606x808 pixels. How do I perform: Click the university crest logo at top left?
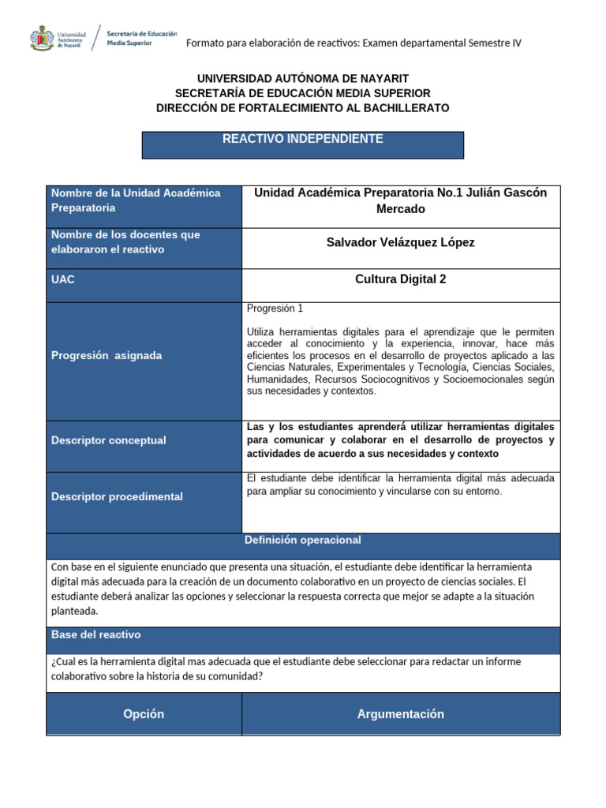point(42,37)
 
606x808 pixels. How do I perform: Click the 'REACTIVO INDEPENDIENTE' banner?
point(302,140)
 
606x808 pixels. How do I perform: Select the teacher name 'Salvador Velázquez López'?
point(401,242)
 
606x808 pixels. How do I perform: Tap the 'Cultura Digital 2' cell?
point(401,279)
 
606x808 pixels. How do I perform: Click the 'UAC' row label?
point(63,280)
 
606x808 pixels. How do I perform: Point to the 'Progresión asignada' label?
point(107,355)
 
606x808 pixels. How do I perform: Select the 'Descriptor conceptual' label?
point(109,440)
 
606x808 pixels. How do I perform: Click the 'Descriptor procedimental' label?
point(117,496)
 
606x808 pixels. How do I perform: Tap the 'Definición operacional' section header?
point(303,541)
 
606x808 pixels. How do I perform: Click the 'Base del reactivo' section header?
point(96,634)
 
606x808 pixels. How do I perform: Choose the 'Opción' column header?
point(144,714)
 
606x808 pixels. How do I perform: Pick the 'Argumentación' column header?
point(401,714)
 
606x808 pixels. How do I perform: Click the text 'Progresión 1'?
point(275,309)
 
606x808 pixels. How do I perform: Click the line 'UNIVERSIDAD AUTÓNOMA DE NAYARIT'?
point(303,78)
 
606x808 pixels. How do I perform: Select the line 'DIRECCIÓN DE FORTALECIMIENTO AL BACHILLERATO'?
point(303,107)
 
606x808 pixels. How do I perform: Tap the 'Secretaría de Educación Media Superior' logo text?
point(141,38)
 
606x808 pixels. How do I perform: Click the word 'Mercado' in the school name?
point(401,209)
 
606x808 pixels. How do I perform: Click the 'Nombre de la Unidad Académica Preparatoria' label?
point(136,200)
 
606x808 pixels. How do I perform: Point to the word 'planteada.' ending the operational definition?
point(75,611)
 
